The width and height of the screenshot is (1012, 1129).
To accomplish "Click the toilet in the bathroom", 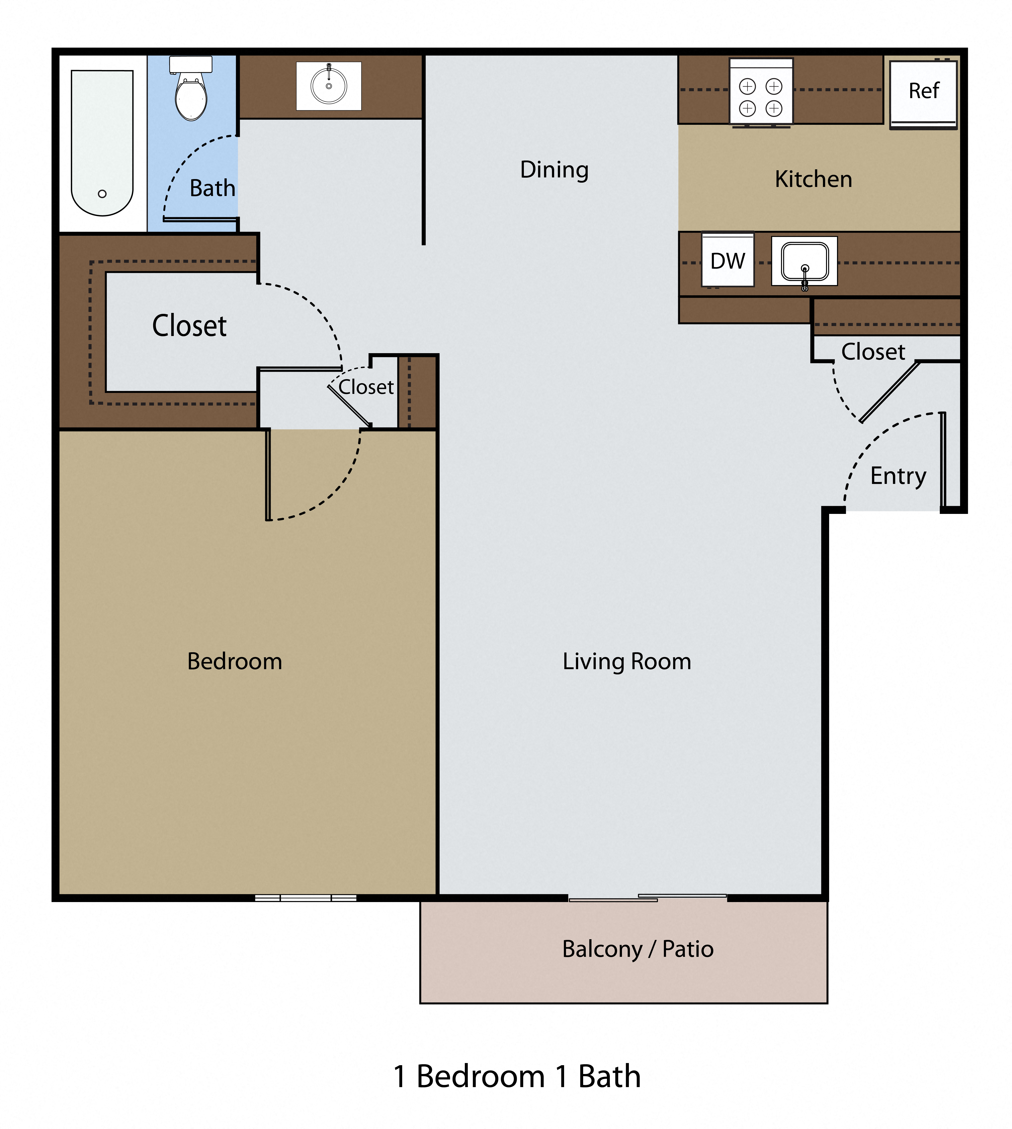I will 191,92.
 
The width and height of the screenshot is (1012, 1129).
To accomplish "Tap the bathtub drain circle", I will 102,194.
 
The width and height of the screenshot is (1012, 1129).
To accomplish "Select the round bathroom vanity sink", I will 329,86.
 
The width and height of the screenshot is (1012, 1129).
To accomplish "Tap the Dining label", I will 554,170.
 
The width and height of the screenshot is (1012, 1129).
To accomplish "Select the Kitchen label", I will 813,179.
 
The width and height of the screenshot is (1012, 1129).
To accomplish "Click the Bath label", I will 212,189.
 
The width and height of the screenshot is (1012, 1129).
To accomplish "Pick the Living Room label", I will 627,661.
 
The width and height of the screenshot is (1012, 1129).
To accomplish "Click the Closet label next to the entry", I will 873,351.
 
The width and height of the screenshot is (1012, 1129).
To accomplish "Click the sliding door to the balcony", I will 648,898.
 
